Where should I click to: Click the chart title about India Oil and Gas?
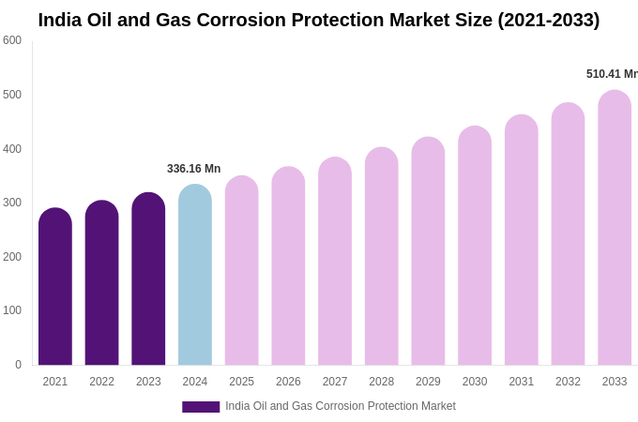pos(319,20)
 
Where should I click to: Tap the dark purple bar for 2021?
pos(55,287)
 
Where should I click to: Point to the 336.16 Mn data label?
pos(193,169)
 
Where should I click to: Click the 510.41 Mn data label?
pos(611,74)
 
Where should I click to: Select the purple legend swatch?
pos(201,407)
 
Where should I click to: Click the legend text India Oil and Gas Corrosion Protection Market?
pos(340,406)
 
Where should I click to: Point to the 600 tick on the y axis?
pos(12,40)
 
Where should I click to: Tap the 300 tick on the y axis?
pos(12,203)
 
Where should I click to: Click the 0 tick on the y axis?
pos(18,365)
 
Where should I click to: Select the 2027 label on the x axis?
pos(335,382)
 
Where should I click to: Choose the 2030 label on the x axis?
pos(475,382)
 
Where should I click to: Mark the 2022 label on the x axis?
pos(101,382)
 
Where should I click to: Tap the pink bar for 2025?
pos(241,271)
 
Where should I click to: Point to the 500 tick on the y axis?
pos(12,95)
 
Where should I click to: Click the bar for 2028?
pos(382,257)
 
